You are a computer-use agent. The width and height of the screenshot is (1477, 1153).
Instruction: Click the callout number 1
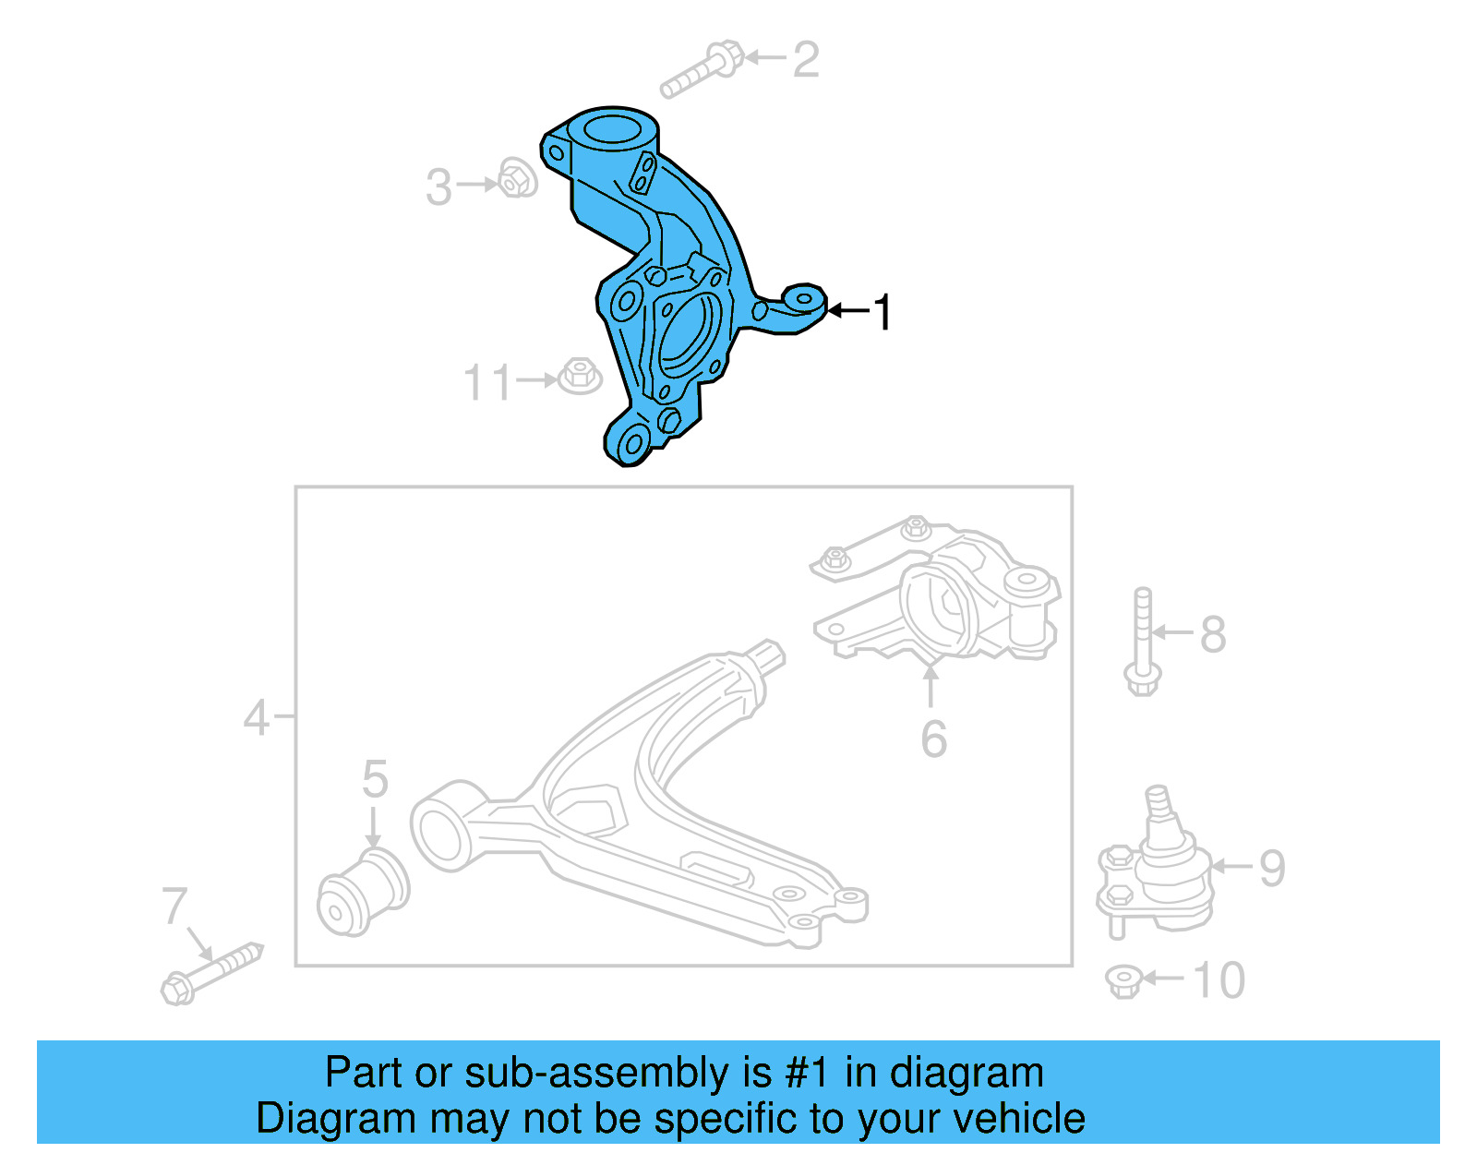pyautogui.click(x=883, y=312)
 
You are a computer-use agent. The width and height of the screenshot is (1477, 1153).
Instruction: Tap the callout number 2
pyautogui.click(x=806, y=60)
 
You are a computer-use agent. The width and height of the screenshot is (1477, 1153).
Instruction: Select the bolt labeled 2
pyautogui.click(x=702, y=70)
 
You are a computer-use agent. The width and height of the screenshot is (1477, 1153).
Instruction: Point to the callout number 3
pyautogui.click(x=439, y=186)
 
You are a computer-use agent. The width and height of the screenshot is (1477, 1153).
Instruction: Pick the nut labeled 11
pyautogui.click(x=579, y=376)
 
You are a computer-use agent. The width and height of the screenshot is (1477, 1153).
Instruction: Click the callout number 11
pyautogui.click(x=486, y=382)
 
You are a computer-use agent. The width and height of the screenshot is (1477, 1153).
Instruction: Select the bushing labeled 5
pyautogui.click(x=362, y=892)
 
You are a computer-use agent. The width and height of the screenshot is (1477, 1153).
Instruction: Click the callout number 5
pyautogui.click(x=375, y=779)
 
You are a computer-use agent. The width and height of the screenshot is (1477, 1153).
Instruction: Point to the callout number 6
pyautogui.click(x=933, y=739)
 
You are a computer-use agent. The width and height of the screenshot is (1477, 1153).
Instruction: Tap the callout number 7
pyautogui.click(x=174, y=907)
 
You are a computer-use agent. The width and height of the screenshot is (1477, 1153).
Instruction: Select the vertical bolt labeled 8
pyautogui.click(x=1143, y=641)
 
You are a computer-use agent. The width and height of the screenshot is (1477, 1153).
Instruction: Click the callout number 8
pyautogui.click(x=1213, y=634)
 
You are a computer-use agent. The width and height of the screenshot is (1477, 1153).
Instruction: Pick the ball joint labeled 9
pyautogui.click(x=1158, y=868)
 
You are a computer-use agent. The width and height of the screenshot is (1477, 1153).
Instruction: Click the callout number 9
pyautogui.click(x=1272, y=868)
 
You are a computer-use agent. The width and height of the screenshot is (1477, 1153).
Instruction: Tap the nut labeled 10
pyautogui.click(x=1123, y=980)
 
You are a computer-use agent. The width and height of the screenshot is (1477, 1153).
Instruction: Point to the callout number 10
pyautogui.click(x=1219, y=980)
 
